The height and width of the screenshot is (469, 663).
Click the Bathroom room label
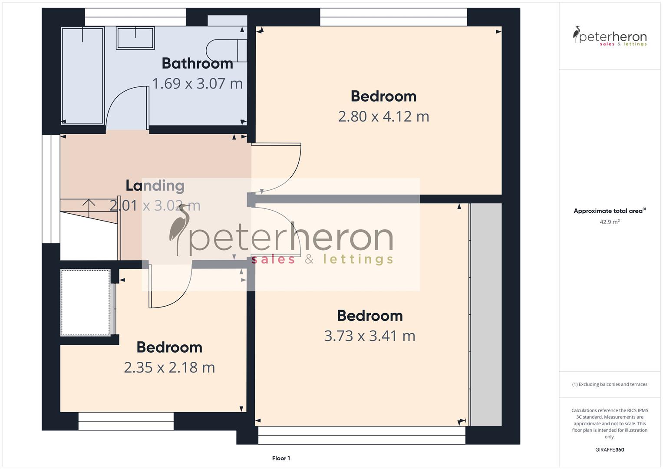pos(197,63)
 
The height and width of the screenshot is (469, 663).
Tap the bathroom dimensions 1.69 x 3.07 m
pos(197,83)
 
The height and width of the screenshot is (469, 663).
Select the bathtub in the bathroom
pos(82,75)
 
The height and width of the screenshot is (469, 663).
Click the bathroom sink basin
pos(135,38)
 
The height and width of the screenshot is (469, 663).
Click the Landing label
pos(155,186)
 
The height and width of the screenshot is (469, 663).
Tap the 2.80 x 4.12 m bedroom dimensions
pos(383,116)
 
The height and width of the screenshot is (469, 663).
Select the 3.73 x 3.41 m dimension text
pos(369,336)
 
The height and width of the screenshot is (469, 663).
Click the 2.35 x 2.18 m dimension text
pos(169,368)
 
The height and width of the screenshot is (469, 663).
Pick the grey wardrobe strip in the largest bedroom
pos(486,314)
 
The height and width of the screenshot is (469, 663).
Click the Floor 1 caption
pos(281,458)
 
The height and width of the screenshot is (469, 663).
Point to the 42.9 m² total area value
pos(610,222)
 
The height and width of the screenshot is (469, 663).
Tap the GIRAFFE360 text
pos(610,449)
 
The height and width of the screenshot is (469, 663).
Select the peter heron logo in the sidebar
pos(610,36)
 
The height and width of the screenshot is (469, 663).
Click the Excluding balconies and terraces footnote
pos(610,384)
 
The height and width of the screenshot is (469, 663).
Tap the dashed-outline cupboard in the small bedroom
pos(86,303)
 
